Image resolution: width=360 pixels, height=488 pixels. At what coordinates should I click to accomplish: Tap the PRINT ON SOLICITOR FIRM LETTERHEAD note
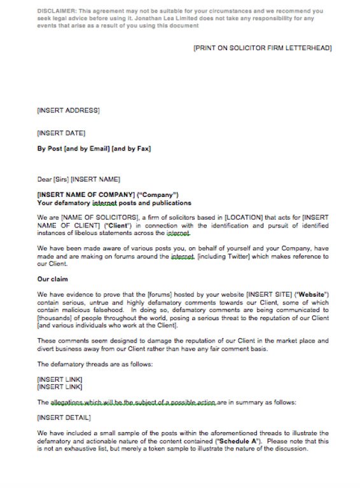click(262, 48)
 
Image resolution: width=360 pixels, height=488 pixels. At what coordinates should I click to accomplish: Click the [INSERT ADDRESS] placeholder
click(68, 111)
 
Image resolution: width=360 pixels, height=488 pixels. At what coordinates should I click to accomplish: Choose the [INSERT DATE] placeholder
click(61, 133)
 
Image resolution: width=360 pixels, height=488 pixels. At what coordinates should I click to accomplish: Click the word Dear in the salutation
click(45, 179)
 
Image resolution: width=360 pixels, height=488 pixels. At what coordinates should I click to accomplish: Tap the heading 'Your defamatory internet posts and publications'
click(114, 203)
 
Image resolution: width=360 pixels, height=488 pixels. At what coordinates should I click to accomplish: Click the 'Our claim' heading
click(53, 279)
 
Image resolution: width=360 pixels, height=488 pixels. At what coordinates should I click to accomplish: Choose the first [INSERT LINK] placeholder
click(60, 379)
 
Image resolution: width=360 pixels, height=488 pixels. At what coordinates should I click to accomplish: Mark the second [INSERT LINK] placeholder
click(60, 386)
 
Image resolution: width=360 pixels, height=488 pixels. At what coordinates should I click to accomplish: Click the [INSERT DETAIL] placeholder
click(64, 417)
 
